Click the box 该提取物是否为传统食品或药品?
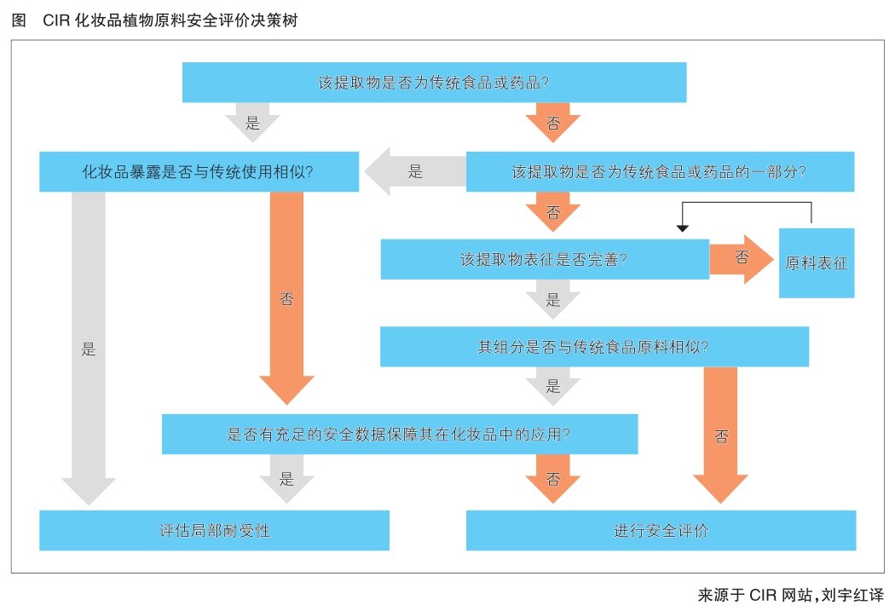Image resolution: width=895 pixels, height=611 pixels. (434, 83)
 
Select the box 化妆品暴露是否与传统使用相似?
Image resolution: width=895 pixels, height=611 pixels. (199, 171)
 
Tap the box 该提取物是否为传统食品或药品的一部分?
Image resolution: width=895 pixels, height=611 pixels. (659, 171)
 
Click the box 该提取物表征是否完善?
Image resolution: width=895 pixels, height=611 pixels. (544, 259)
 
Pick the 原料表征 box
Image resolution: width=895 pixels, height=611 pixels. (816, 263)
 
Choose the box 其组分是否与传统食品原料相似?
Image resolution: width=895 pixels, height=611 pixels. (593, 347)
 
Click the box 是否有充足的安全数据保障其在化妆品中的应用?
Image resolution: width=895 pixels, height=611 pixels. (399, 434)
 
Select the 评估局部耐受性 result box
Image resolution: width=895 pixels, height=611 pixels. (214, 530)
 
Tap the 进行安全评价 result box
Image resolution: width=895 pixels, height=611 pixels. (661, 530)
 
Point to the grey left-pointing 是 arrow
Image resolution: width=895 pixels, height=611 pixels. (413, 171)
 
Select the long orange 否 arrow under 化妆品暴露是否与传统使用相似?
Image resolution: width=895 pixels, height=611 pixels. (286, 298)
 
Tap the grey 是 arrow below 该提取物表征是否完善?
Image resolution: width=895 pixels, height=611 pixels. (553, 299)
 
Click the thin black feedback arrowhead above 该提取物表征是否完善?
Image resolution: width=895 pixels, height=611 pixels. (681, 228)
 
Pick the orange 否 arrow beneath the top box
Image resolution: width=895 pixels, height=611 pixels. (553, 123)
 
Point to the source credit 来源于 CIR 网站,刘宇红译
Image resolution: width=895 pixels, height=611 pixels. (790, 596)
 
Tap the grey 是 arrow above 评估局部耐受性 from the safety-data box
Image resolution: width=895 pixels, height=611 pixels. (286, 478)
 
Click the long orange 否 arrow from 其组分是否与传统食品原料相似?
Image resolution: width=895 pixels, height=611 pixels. (721, 435)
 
